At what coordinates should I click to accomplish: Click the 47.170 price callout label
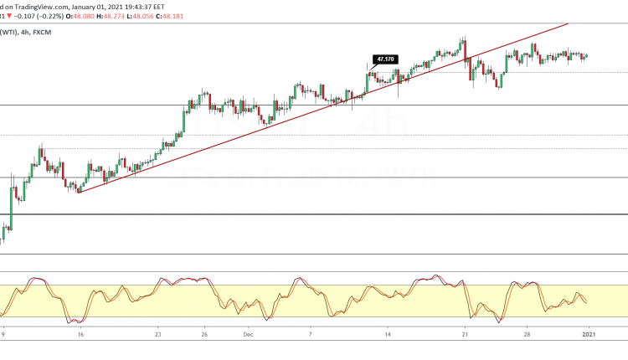click(385, 59)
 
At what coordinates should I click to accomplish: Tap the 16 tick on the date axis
click(80, 332)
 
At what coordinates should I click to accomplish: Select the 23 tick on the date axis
click(158, 332)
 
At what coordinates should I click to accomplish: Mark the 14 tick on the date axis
click(388, 332)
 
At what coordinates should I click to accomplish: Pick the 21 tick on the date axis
click(465, 332)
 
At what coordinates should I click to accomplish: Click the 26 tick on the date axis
click(205, 332)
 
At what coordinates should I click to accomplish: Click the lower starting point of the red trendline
click(78, 193)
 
